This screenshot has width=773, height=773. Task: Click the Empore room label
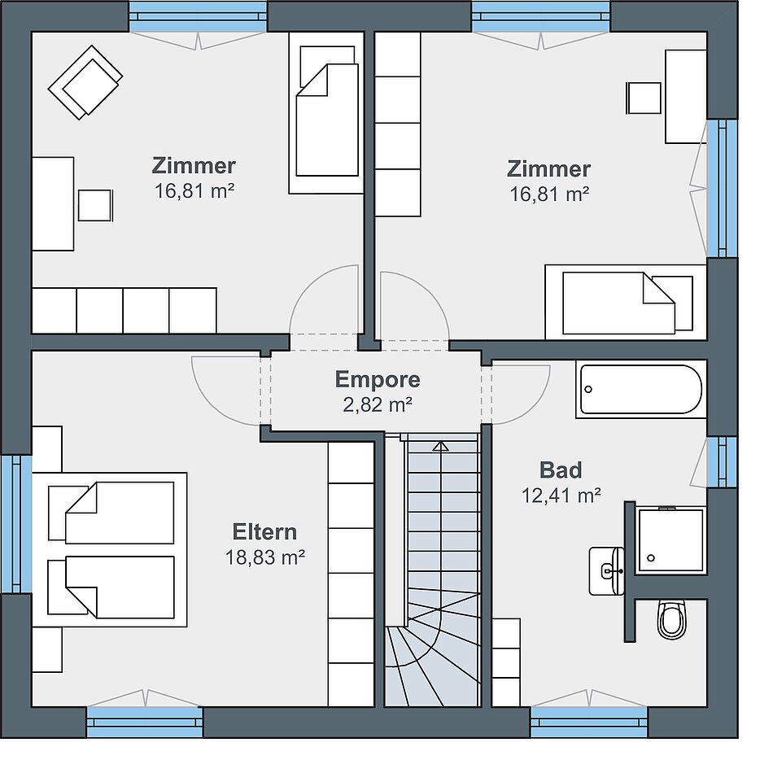[378, 380]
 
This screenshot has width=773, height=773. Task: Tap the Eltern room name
[264, 532]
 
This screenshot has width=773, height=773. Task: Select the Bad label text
[561, 470]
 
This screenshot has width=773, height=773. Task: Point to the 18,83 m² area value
[264, 557]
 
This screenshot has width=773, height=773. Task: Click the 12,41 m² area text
[561, 496]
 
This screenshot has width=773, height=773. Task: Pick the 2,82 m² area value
[378, 404]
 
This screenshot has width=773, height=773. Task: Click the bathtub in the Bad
[641, 389]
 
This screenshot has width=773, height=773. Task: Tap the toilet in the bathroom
[671, 620]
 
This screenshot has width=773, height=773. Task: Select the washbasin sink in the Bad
[606, 571]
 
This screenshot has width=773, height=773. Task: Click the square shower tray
[671, 541]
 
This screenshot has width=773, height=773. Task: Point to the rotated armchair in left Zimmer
[85, 82]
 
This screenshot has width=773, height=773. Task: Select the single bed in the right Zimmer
[626, 302]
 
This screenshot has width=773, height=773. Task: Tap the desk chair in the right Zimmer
[644, 98]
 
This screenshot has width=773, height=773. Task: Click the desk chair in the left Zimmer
[95, 205]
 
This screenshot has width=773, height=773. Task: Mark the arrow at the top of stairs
[440, 447]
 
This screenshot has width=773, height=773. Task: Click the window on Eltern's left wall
[15, 523]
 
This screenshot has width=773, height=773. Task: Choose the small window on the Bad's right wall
[722, 462]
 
